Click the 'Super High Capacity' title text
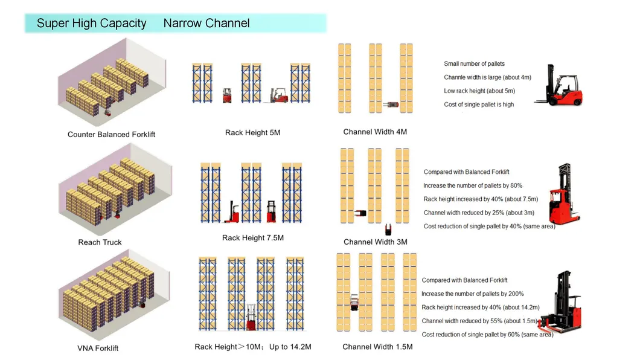tap(91, 24)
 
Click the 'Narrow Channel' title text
tap(206, 24)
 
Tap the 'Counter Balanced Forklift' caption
tap(111, 134)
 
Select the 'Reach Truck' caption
tap(100, 242)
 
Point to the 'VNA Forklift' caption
tap(98, 348)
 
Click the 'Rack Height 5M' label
tap(252, 132)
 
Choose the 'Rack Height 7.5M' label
tap(252, 238)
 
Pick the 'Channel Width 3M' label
tap(375, 242)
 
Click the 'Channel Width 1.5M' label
tap(377, 347)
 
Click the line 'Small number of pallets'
tap(474, 64)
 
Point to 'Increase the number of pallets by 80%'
tap(473, 185)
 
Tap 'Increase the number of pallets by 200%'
tap(473, 294)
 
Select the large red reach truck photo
tap(564, 194)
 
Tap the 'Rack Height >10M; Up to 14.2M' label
tap(252, 347)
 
